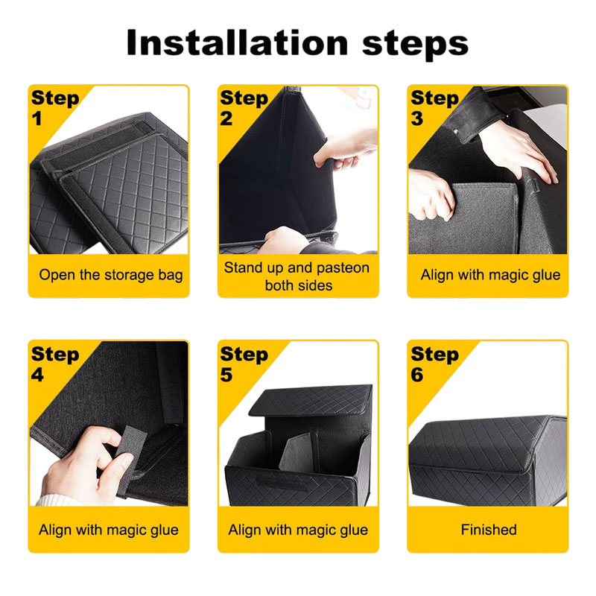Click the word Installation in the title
coord(237,42)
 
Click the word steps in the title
coord(415,45)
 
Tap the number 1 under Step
coord(37,118)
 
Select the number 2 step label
coord(226,118)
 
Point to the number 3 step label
coord(417,118)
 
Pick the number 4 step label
coord(38,375)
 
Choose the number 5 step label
coord(226,375)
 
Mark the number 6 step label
coord(417,375)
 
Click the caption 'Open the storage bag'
coord(110,275)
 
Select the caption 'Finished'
coord(489,530)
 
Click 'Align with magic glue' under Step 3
coord(490,275)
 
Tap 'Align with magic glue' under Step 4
coord(109,530)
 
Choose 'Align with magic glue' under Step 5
coord(298,530)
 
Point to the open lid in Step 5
coord(311,401)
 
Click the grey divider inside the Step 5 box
coord(297,453)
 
